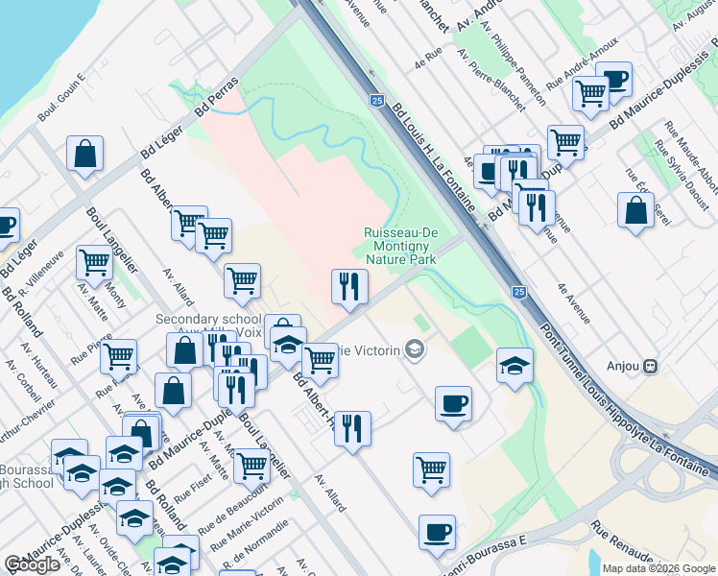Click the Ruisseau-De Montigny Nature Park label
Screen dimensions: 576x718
[400, 246]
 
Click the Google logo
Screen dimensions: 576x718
[32, 565]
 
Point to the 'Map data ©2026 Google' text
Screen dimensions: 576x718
[659, 568]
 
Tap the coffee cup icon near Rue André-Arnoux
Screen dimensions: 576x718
[613, 80]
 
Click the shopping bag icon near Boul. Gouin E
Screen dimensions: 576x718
[85, 154]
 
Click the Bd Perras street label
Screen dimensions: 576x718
[215, 99]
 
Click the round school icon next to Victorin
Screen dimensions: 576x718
[415, 349]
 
